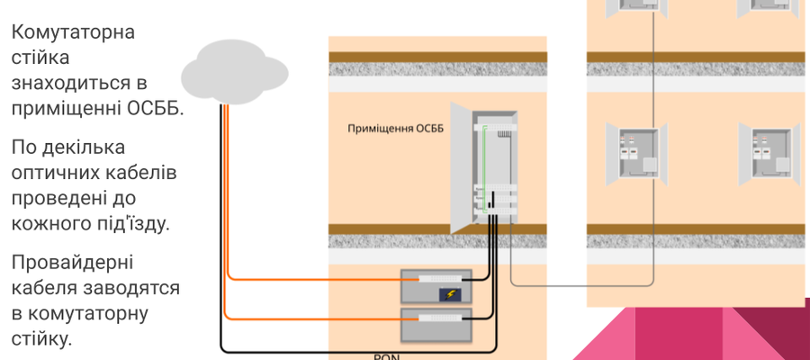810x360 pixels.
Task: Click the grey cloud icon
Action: pos(229,71)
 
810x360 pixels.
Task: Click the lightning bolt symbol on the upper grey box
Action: pos(448,295)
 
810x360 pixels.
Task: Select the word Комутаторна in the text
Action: pos(74,33)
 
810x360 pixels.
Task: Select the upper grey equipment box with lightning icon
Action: pos(436,287)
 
